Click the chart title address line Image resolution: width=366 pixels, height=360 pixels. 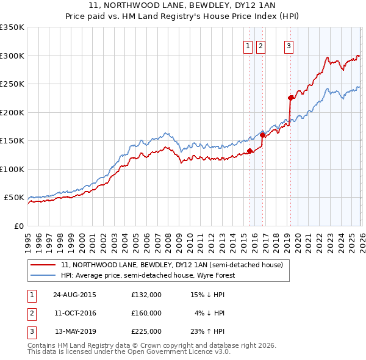coord(183,5)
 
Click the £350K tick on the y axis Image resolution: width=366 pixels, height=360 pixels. coord(12,27)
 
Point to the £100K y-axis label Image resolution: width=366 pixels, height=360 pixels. coord(12,169)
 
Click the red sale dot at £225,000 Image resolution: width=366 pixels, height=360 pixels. coord(290,98)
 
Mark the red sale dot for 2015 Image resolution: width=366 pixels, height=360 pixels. coord(249,151)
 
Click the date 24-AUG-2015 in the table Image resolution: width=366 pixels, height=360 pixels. coord(74,295)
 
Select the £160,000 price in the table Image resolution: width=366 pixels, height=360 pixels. coord(146,313)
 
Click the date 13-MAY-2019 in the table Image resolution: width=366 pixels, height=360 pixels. coord(75,331)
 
